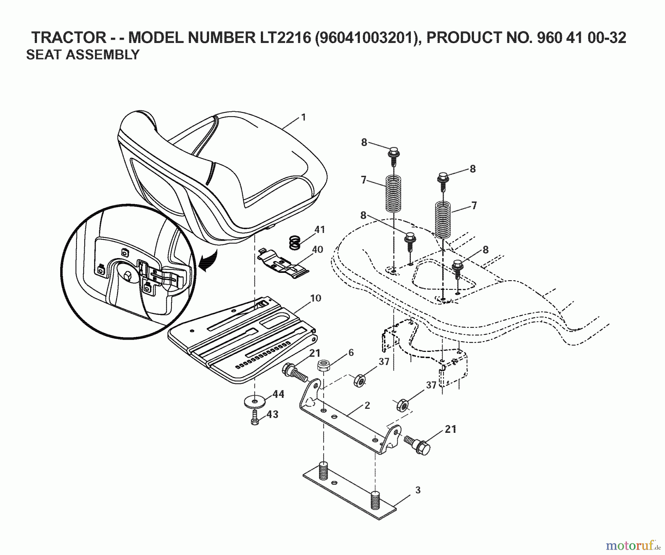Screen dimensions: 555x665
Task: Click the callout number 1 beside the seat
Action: click(x=303, y=117)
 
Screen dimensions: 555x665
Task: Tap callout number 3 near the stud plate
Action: click(x=417, y=490)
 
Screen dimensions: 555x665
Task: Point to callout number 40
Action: click(x=317, y=250)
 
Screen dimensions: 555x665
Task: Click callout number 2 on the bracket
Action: click(x=367, y=405)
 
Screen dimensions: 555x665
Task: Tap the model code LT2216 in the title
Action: click(x=283, y=37)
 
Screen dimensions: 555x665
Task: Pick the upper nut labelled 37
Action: click(x=359, y=380)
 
